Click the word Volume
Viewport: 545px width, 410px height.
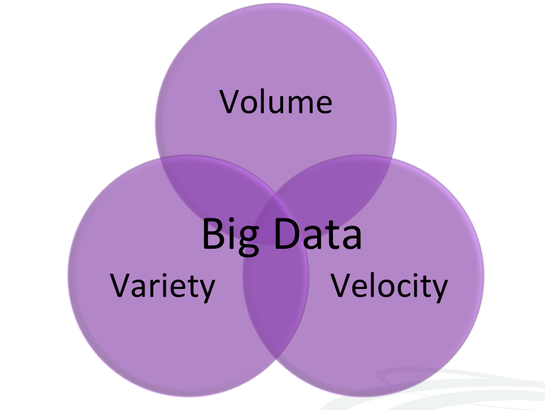click(276, 102)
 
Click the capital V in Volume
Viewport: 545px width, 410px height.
click(229, 102)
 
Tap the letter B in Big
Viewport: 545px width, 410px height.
click(211, 234)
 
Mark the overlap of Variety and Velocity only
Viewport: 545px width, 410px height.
click(276, 304)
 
